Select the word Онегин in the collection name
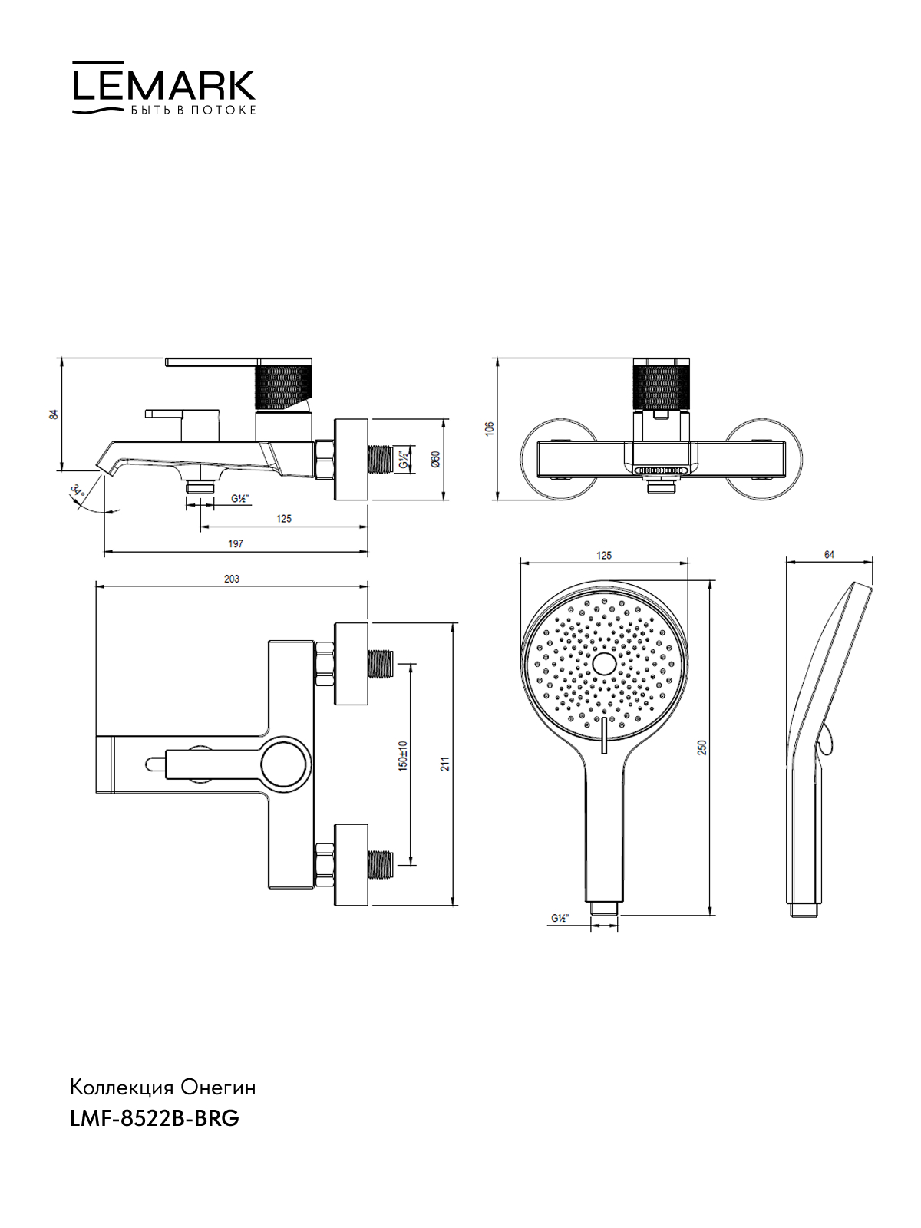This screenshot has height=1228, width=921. [x=219, y=1088]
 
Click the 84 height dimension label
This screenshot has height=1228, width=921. [x=54, y=414]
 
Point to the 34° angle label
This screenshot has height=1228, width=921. [x=78, y=493]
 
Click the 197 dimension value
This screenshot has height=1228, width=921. [x=236, y=543]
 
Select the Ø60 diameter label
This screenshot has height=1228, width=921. [x=436, y=459]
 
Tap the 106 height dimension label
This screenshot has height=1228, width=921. [x=490, y=428]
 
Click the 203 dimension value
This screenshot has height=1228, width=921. [x=232, y=579]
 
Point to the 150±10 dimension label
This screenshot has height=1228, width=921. [x=403, y=756]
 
